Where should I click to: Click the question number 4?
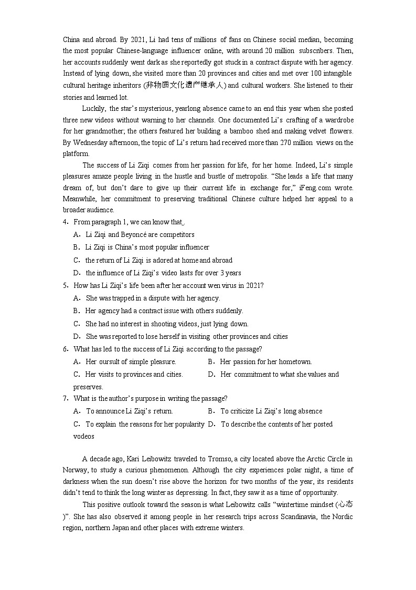pos(65,222)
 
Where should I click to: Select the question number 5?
pos(65,286)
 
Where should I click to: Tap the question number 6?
pos(65,349)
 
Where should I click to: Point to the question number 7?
pos(65,399)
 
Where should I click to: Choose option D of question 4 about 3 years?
pos(163,273)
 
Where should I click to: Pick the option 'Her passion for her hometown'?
pos(265,362)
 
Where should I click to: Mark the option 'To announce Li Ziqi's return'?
pos(129,411)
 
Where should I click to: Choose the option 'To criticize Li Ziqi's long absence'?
pos(271,411)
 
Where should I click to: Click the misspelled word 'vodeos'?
pos(84,437)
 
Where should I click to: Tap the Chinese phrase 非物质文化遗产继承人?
pos(186,85)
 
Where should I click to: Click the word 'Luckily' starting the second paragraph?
pos(94,109)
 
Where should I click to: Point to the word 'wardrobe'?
pos(339,120)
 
